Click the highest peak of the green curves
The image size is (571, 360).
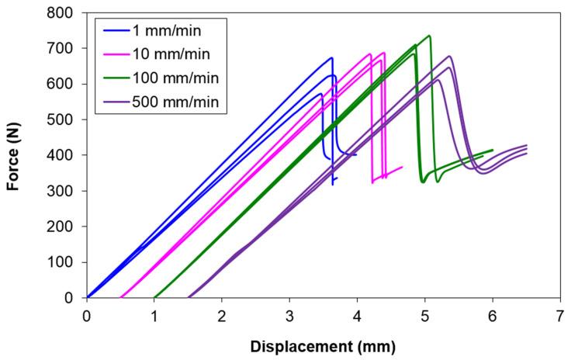click(x=429, y=36)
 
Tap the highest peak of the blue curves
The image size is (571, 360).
click(x=331, y=57)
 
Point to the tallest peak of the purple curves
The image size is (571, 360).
click(x=449, y=56)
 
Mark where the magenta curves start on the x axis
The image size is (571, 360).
click(x=121, y=297)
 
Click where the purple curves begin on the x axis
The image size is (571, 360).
click(x=189, y=297)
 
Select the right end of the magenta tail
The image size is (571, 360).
click(x=402, y=167)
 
